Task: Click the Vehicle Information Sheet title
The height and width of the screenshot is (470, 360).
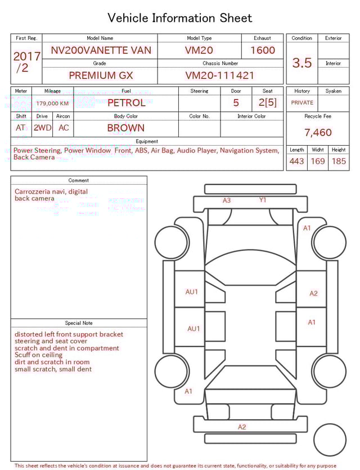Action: click(180, 18)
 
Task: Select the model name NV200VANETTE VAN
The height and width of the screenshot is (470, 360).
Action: click(101, 50)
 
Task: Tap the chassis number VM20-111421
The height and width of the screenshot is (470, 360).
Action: click(220, 75)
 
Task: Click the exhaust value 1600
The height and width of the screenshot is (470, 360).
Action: click(263, 50)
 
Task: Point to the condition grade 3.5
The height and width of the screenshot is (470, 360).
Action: click(302, 63)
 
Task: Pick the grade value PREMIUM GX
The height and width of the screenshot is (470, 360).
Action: click(101, 75)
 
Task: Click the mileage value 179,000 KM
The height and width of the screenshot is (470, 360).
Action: click(52, 104)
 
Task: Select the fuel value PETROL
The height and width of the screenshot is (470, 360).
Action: click(126, 103)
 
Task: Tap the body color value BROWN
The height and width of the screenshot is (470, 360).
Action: click(126, 128)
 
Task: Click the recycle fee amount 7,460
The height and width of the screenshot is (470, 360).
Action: click(318, 133)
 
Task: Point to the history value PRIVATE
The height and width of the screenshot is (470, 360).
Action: click(302, 103)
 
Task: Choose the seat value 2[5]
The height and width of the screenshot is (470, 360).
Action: click(268, 103)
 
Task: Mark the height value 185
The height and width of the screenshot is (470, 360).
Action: click(339, 161)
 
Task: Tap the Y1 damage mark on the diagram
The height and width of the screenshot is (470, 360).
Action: click(263, 200)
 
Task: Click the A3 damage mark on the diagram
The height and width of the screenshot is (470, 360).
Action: click(227, 200)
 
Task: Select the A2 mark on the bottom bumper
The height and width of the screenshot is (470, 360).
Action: click(242, 427)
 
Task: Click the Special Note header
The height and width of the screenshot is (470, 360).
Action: click(79, 323)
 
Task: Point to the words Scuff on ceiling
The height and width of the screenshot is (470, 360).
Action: click(38, 355)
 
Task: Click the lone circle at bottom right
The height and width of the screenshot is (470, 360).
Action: click(330, 440)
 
